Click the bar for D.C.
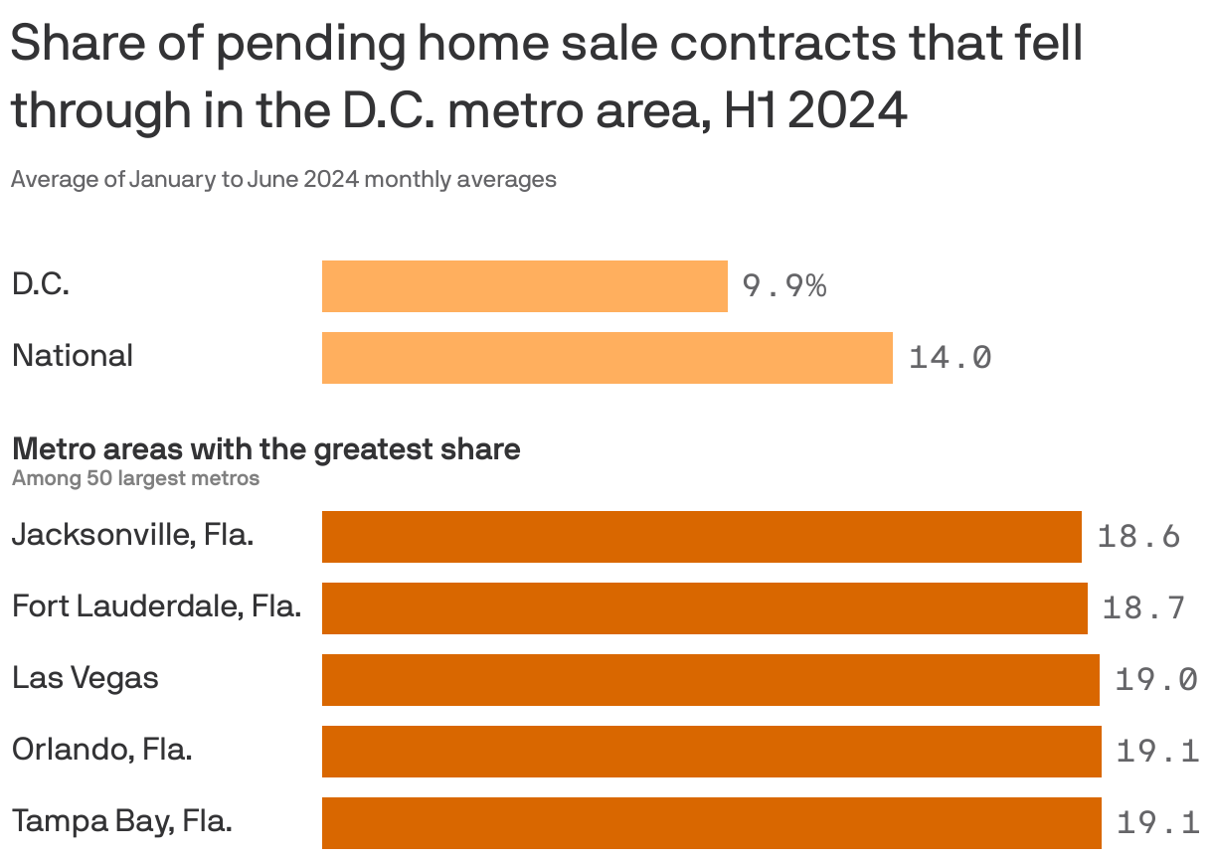point(524,286)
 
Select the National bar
point(606,358)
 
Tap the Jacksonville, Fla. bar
point(701,537)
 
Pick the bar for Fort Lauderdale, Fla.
point(704,608)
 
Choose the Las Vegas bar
point(710,680)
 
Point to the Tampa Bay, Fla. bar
point(711,823)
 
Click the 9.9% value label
point(784,286)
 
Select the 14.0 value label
point(950,358)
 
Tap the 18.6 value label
point(1138,537)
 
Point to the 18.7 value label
point(1143,608)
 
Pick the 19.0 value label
point(1155,680)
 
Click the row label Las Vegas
point(86,679)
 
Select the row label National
point(73,356)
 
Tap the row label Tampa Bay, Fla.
point(121,822)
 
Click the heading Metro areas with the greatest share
point(265,449)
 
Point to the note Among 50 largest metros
point(135,478)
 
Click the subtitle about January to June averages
point(283,180)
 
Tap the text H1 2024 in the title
point(815,110)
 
